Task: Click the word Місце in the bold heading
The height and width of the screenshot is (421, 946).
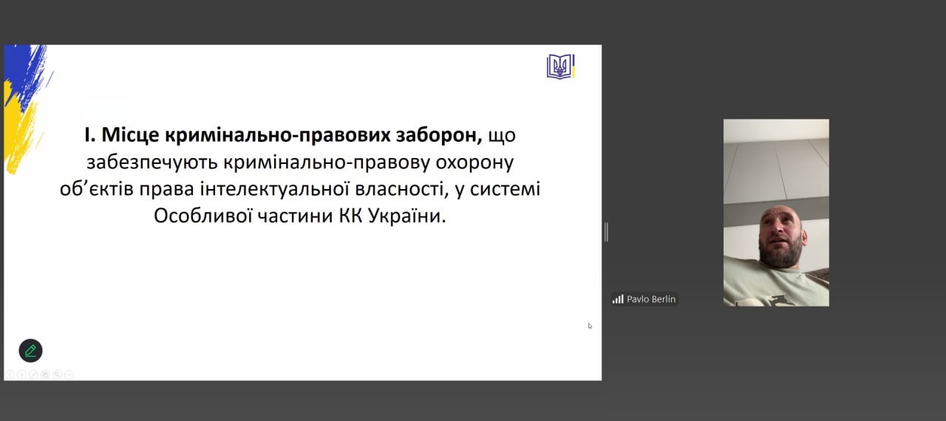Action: pyautogui.click(x=130, y=135)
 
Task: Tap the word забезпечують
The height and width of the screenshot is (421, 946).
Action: pyautogui.click(x=152, y=162)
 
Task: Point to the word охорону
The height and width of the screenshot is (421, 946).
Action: pyautogui.click(x=474, y=162)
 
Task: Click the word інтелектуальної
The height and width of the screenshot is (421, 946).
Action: pyautogui.click(x=274, y=189)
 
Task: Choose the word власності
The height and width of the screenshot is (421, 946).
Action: pyautogui.click(x=401, y=189)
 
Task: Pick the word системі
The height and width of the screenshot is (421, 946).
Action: pyautogui.click(x=505, y=189)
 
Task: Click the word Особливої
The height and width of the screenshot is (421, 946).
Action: pyautogui.click(x=203, y=216)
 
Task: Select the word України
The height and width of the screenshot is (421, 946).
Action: pyautogui.click(x=407, y=216)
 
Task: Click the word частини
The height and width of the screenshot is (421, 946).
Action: pyautogui.click(x=296, y=216)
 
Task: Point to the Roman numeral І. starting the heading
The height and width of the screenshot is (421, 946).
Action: pyautogui.click(x=90, y=135)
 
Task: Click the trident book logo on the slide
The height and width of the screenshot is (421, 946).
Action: pyautogui.click(x=560, y=66)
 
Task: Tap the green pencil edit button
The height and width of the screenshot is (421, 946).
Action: pyautogui.click(x=30, y=351)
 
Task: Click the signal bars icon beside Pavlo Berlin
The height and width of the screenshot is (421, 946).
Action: pyautogui.click(x=618, y=299)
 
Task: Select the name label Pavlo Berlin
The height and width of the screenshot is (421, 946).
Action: pyautogui.click(x=651, y=299)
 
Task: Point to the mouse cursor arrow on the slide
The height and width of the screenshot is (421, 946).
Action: pyautogui.click(x=590, y=326)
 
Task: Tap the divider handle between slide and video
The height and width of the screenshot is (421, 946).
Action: pyautogui.click(x=607, y=232)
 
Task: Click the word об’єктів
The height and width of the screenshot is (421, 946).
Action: pyautogui.click(x=97, y=189)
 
